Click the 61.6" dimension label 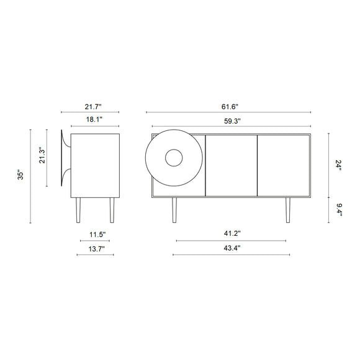coord(230,107)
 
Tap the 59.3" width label coord(232,121)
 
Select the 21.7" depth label coord(93,107)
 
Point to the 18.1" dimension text coord(94,119)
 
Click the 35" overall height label coord(20,174)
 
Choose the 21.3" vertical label coord(42,155)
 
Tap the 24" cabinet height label coord(339,165)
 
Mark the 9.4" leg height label coord(339,210)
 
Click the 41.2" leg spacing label coord(232,233)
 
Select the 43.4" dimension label coord(232,248)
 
